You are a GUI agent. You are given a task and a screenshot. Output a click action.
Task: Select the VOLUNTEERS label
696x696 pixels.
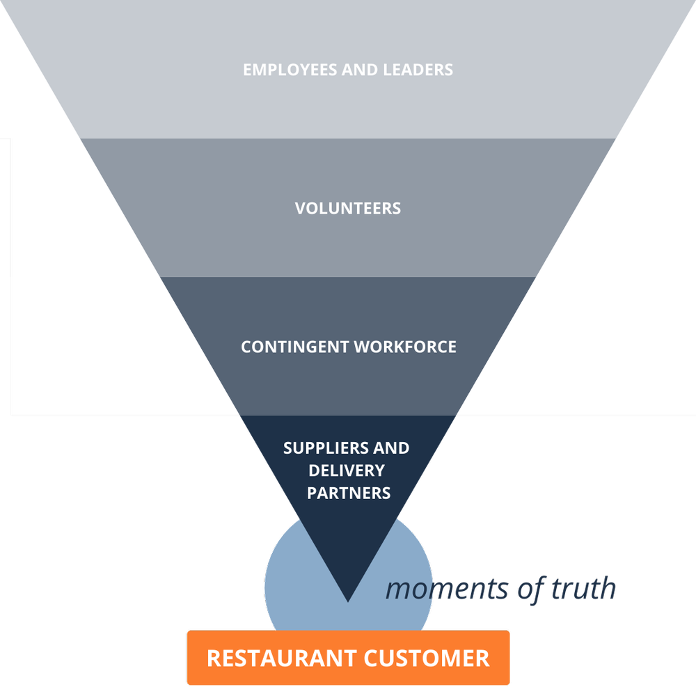click(348, 208)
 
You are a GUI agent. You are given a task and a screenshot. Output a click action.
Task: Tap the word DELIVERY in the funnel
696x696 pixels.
click(347, 470)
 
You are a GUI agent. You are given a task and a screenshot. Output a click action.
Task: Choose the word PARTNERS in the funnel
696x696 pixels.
click(349, 493)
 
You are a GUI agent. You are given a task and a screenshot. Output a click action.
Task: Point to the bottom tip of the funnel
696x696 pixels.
click(347, 599)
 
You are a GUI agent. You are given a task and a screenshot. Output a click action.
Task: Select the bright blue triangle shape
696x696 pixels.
click(557, 473)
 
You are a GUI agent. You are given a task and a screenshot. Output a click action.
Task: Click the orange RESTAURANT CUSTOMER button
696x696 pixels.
click(348, 658)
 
